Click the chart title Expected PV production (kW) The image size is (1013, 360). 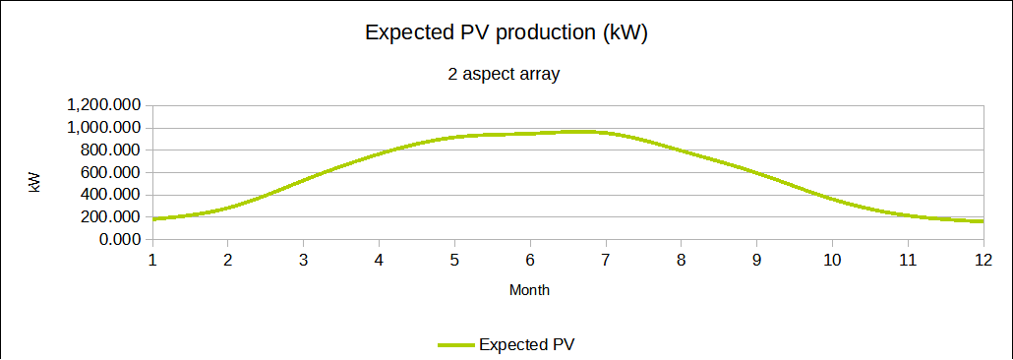(506, 33)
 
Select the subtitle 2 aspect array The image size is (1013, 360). (504, 75)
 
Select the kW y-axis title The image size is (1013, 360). (34, 183)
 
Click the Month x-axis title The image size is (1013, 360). (530, 290)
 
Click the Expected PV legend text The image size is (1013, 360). (526, 344)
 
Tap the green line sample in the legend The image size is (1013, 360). (456, 345)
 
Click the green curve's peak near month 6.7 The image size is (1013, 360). (583, 132)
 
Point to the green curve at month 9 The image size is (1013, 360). (756, 173)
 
